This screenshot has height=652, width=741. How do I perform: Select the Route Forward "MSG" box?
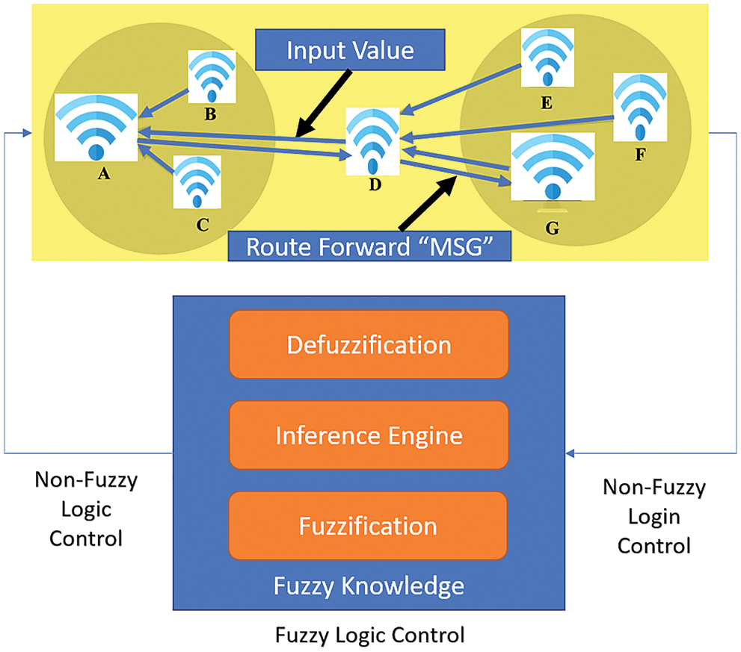[369, 246]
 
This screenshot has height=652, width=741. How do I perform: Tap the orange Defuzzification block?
[369, 345]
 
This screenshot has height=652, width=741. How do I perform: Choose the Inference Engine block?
[369, 435]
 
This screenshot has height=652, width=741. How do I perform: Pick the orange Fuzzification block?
[369, 526]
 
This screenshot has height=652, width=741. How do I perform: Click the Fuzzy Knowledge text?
[369, 585]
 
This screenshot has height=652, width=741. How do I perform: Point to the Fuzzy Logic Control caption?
[369, 636]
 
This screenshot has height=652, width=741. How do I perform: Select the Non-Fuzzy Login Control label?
[654, 517]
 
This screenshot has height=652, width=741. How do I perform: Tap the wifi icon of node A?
[96, 126]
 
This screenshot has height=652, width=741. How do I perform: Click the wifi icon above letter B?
[212, 76]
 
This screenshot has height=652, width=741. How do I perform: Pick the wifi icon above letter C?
[197, 182]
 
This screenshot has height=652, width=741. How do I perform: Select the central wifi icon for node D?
[372, 140]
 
